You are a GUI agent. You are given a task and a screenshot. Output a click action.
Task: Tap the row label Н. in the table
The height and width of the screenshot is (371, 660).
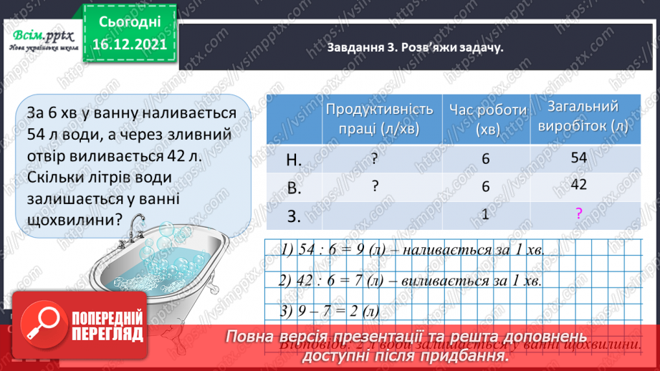pos(294,160)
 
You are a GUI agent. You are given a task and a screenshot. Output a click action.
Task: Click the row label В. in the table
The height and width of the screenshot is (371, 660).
pos(294,187)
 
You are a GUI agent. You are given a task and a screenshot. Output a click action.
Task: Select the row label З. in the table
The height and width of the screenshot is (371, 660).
pos(294,213)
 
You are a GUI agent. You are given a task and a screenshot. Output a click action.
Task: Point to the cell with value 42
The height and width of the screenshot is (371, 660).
pos(579,184)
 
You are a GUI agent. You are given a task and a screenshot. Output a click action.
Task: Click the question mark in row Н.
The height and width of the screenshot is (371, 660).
pos(375,160)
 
